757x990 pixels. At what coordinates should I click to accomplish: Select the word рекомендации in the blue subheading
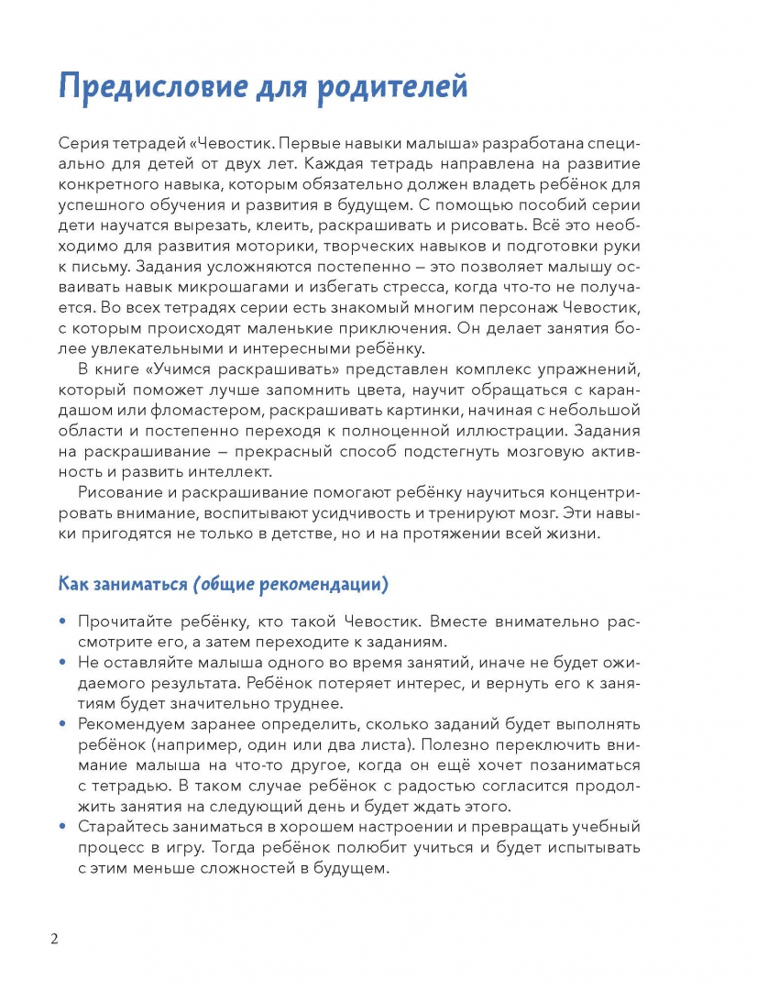317,584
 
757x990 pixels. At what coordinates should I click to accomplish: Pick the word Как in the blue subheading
74,584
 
